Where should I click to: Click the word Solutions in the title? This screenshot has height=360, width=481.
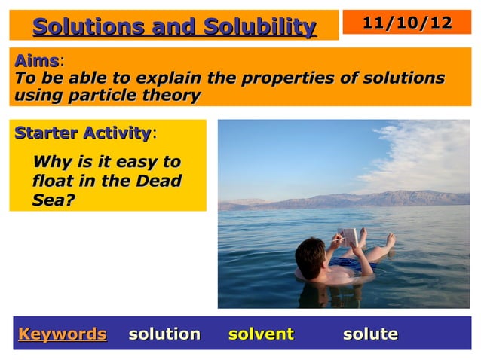tap(88, 27)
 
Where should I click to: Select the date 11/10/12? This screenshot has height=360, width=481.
tap(407, 23)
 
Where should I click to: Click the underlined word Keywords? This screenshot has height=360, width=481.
tap(63, 334)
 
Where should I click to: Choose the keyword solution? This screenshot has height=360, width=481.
tap(164, 334)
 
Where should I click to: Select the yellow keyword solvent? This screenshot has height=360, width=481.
tap(261, 334)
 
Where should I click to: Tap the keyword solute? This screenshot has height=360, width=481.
tap(370, 334)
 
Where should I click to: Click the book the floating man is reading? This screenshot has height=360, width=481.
tap(348, 236)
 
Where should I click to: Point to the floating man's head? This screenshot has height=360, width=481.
tap(311, 256)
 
